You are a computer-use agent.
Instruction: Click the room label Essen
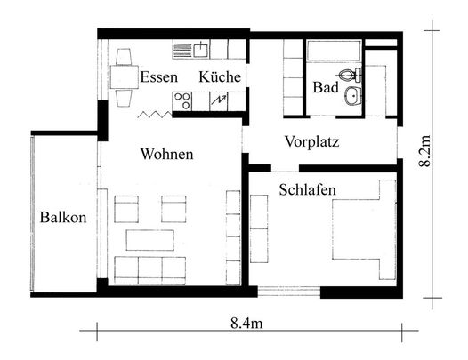158,77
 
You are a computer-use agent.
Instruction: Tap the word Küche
220,76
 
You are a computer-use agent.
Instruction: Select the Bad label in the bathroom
326,87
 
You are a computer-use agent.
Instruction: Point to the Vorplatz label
312,141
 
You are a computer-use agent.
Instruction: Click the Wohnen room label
167,154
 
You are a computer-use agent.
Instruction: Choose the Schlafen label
308,189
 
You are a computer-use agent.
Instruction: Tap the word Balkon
63,217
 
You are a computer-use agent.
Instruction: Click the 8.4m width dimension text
246,323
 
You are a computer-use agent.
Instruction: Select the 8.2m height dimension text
424,150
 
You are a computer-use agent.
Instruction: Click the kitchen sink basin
201,50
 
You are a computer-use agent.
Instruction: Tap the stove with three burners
182,100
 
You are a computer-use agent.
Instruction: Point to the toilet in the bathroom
350,74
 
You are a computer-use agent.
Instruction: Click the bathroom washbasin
353,96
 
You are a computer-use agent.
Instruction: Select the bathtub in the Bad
335,51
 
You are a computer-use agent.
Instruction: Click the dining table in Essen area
125,77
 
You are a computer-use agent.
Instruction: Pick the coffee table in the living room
150,240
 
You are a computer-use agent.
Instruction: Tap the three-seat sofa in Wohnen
150,270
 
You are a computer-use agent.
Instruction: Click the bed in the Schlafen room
364,229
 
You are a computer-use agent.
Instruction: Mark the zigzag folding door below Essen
155,115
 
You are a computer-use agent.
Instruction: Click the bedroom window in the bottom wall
289,291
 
